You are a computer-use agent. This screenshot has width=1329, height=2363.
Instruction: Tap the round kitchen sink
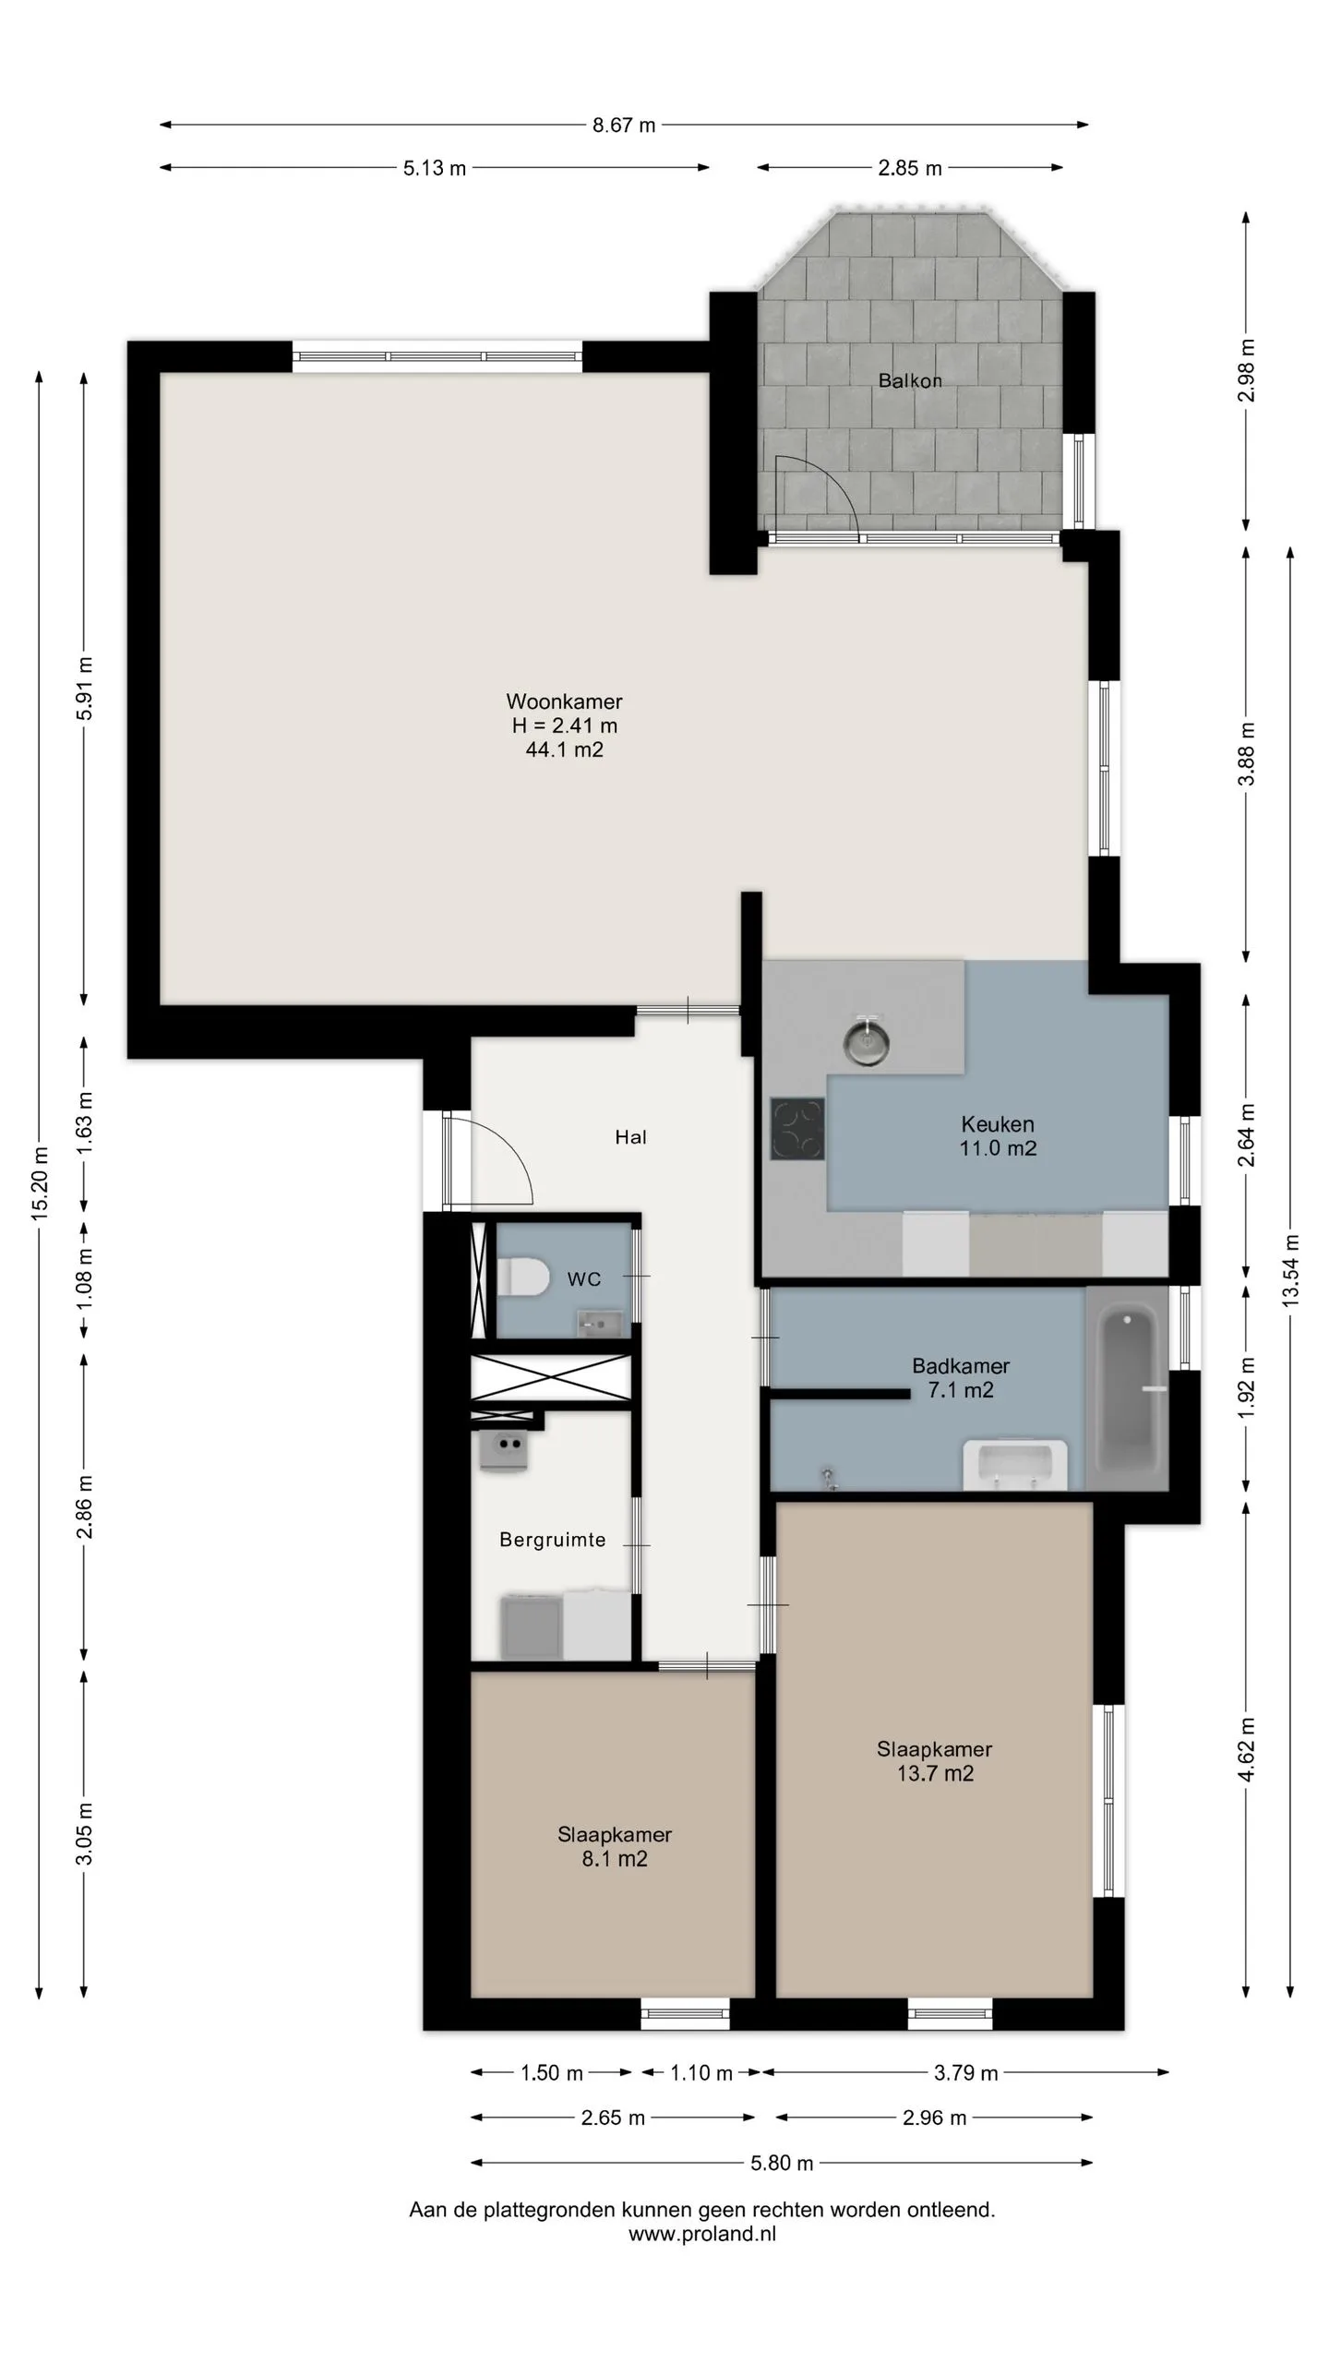[868, 1039]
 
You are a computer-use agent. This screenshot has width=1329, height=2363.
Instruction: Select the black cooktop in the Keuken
[797, 1127]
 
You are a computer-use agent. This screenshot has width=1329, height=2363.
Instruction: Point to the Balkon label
[910, 380]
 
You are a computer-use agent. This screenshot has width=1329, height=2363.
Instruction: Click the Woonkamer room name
[564, 702]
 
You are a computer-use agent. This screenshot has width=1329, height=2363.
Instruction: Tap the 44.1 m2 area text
[564, 750]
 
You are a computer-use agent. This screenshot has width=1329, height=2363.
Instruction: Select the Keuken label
[998, 1124]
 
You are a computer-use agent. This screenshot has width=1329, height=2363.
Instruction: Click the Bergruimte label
[553, 1540]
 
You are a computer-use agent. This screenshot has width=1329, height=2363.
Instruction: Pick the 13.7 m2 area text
[935, 1773]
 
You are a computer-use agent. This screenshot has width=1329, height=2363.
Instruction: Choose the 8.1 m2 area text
[615, 1859]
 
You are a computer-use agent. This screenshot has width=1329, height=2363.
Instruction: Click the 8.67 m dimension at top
[624, 126]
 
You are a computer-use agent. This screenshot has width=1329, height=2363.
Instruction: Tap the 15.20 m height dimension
[39, 1184]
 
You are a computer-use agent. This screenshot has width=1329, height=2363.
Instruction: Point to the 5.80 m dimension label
[782, 2163]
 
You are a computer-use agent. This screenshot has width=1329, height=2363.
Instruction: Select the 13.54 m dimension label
[1290, 1269]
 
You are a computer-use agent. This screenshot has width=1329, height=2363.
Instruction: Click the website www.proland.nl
[702, 2234]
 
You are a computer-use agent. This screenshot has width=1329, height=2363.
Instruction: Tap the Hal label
[631, 1137]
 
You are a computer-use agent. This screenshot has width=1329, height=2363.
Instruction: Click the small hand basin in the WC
[593, 1324]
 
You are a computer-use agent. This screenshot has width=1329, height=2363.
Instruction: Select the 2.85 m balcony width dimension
[910, 168]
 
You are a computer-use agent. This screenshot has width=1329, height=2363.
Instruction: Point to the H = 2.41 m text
[564, 726]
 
